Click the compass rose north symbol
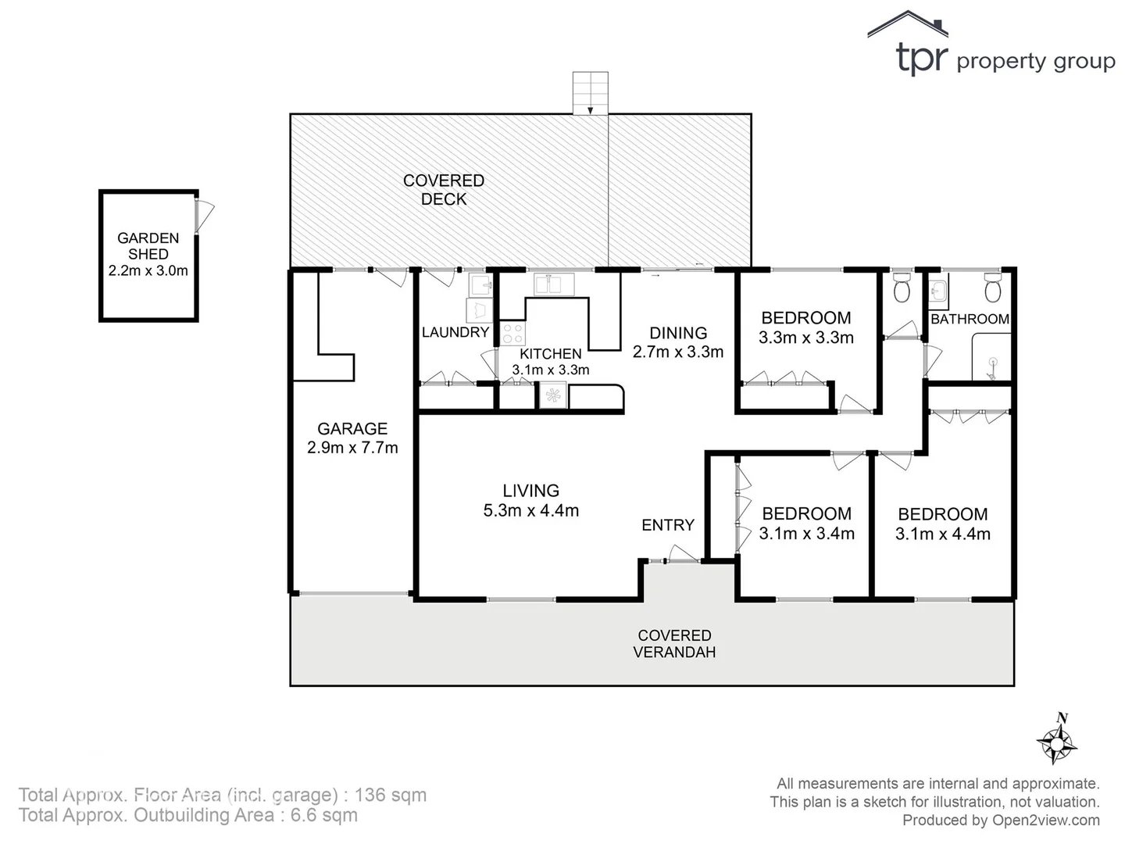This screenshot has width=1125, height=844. [1056, 738]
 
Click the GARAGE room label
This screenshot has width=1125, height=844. [352, 428]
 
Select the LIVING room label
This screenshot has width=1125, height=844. [530, 491]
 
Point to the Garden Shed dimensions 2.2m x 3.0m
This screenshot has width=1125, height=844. [148, 271]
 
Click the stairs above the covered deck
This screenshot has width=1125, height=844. [590, 93]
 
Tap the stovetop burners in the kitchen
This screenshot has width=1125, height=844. [512, 334]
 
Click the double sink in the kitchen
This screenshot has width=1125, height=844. [554, 283]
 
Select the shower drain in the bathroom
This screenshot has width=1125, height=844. [993, 362]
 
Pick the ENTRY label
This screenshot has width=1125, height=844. [668, 525]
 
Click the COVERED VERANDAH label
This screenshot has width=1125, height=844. [674, 644]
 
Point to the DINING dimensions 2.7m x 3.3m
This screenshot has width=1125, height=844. [678, 352]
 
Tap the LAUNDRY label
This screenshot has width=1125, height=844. [455, 332]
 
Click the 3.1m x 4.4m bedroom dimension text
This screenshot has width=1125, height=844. [943, 535]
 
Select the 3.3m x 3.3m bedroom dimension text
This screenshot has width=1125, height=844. [806, 338]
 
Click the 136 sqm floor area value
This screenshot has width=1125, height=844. [391, 796]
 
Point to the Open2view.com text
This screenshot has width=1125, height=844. [1046, 820]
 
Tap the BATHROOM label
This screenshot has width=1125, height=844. [970, 319]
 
